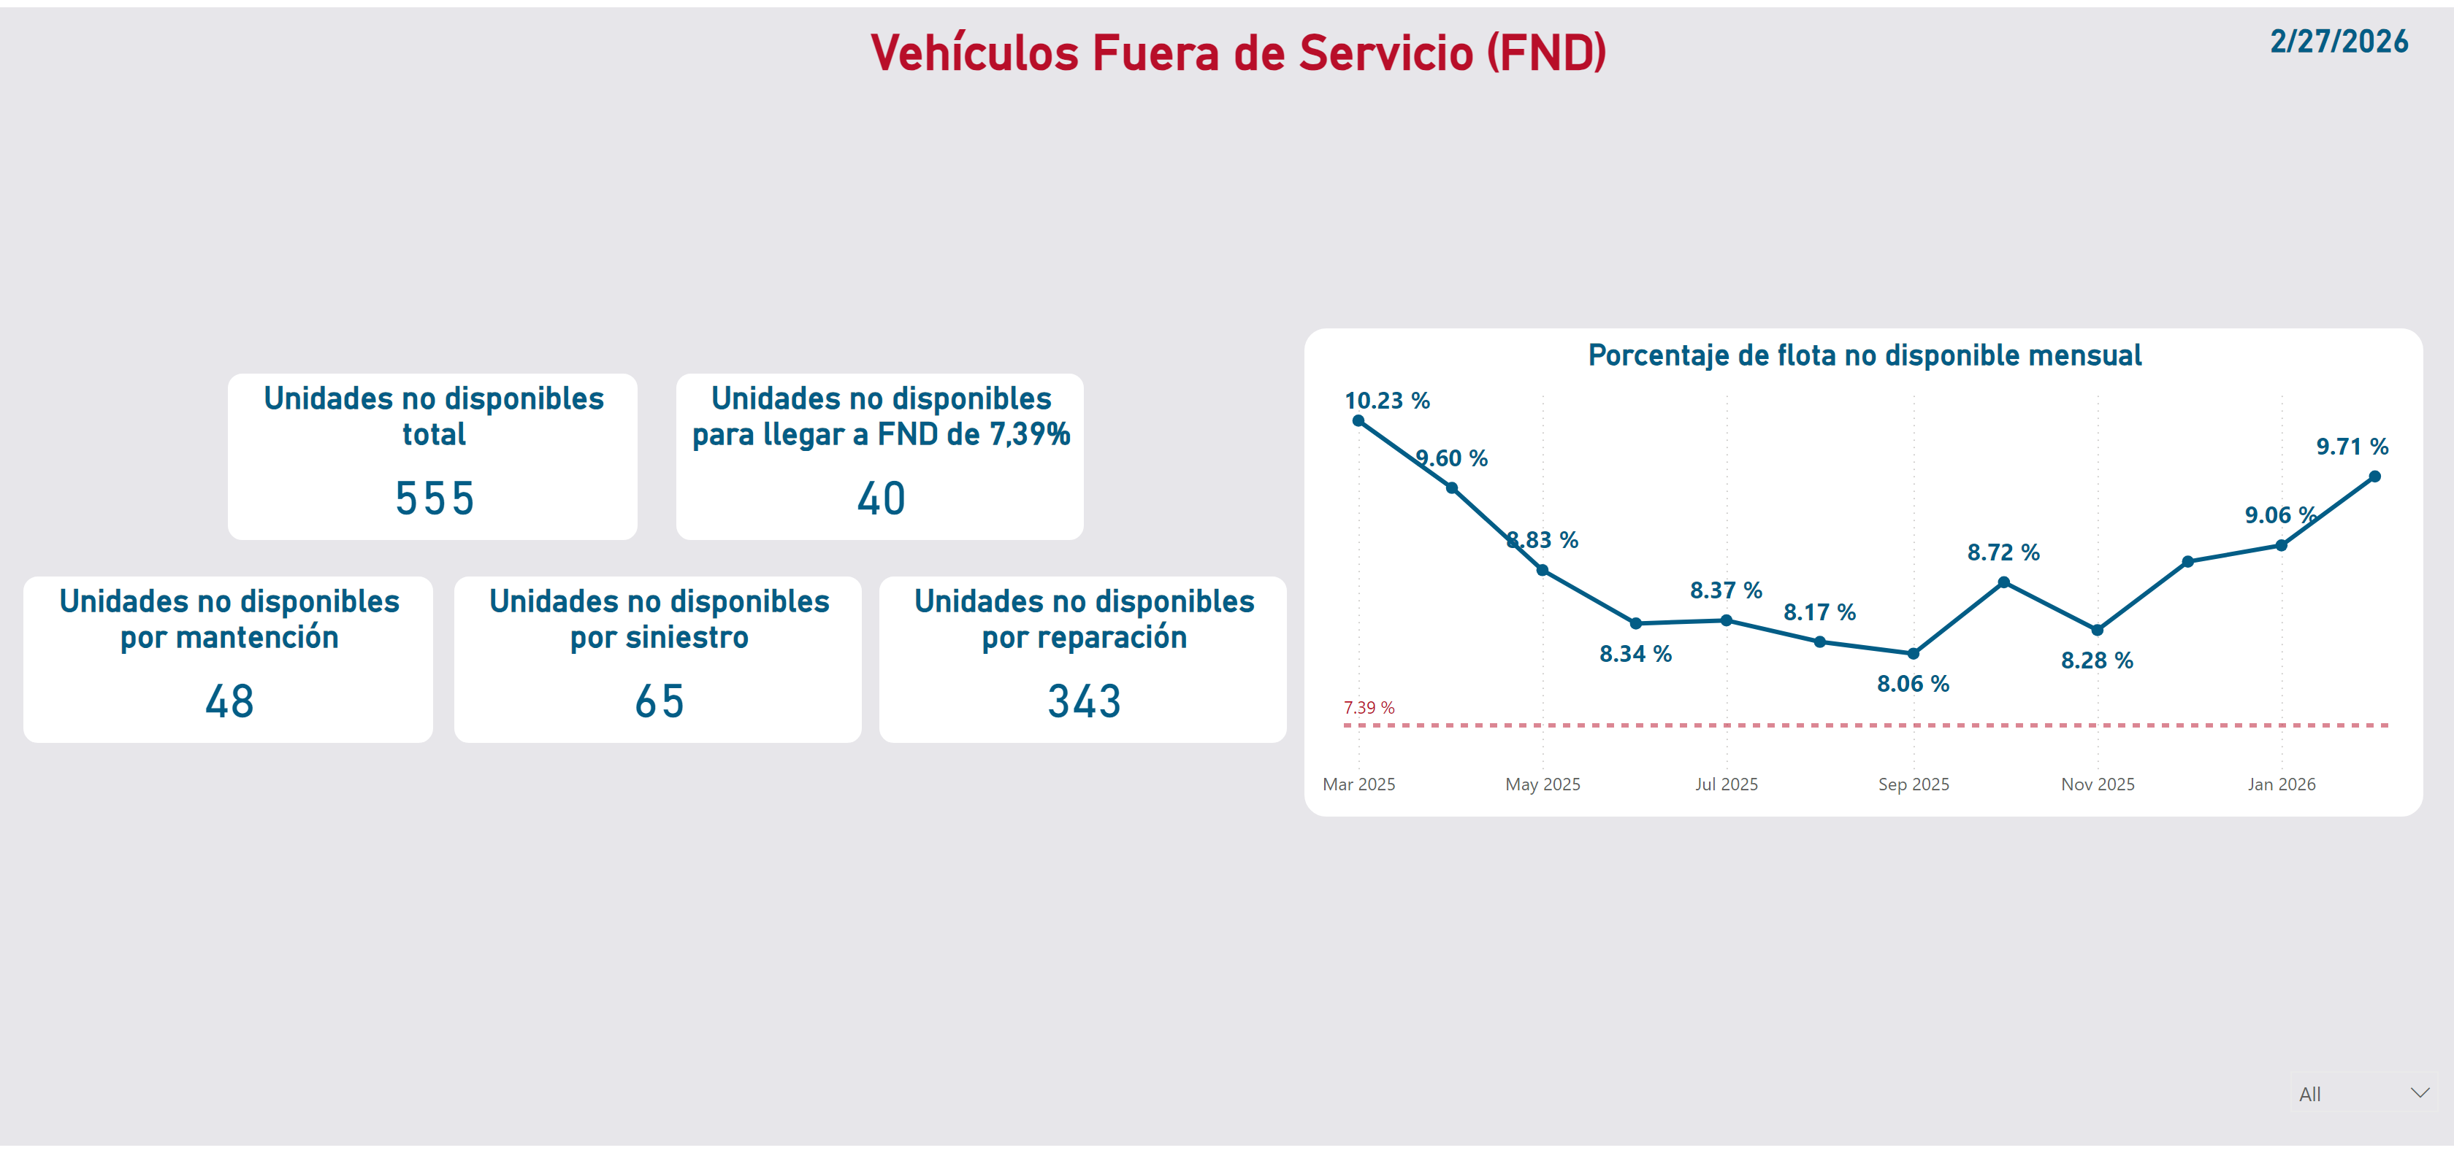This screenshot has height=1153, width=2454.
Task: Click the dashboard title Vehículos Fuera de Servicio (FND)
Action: tap(1237, 53)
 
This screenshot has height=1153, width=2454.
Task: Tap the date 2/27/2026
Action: tap(2338, 42)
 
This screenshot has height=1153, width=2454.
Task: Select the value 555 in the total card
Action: tap(435, 498)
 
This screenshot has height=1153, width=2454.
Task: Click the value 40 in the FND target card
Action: tap(880, 498)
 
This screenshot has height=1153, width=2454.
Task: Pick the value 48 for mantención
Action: tap(229, 702)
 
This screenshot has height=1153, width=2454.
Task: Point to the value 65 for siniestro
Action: tap(660, 702)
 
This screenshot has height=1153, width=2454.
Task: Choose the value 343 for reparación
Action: tap(1084, 702)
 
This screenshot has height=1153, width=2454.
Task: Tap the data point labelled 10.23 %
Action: tap(1358, 421)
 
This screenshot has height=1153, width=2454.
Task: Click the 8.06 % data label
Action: tap(1913, 684)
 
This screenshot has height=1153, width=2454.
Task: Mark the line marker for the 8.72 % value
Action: tap(2003, 582)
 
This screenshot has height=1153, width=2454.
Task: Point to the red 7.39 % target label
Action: tap(1369, 707)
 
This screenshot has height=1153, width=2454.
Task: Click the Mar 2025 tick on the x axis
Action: tap(1358, 784)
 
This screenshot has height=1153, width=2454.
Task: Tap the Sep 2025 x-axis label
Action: tap(1913, 784)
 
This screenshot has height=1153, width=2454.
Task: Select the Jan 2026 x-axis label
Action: tap(2281, 784)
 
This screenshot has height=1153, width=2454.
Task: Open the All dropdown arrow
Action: tap(2420, 1093)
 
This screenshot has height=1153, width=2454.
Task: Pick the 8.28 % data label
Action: tap(2097, 660)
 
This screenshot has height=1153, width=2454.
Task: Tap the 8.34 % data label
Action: tap(1635, 654)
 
